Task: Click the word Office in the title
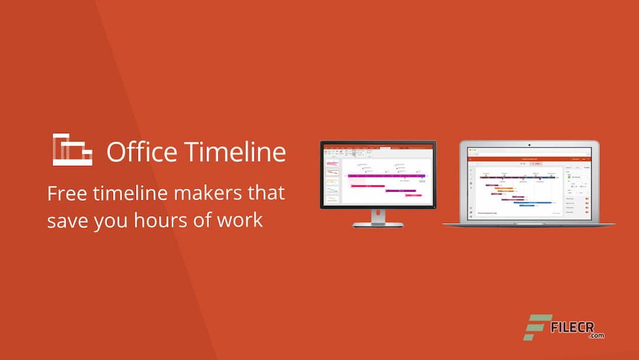click(141, 152)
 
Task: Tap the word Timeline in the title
click(235, 152)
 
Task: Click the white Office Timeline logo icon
click(72, 149)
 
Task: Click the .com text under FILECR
click(596, 336)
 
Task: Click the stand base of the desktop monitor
click(377, 224)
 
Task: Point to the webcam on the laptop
click(530, 144)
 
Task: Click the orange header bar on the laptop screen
click(530, 159)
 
